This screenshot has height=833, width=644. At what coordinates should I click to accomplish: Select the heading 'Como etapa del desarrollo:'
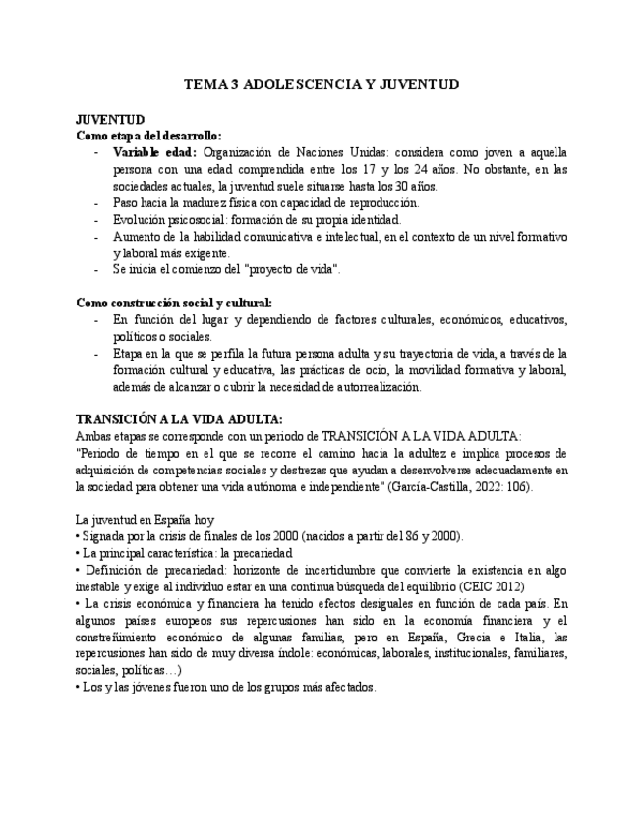point(148,136)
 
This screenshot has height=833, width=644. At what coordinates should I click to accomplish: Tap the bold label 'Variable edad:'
point(154,152)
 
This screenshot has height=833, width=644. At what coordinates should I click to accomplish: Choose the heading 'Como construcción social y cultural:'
point(174,303)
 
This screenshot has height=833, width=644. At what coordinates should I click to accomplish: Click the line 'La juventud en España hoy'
point(146,520)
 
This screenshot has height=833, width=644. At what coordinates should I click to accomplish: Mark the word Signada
point(104,536)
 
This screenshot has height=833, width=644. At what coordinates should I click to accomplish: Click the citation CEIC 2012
point(491,586)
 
